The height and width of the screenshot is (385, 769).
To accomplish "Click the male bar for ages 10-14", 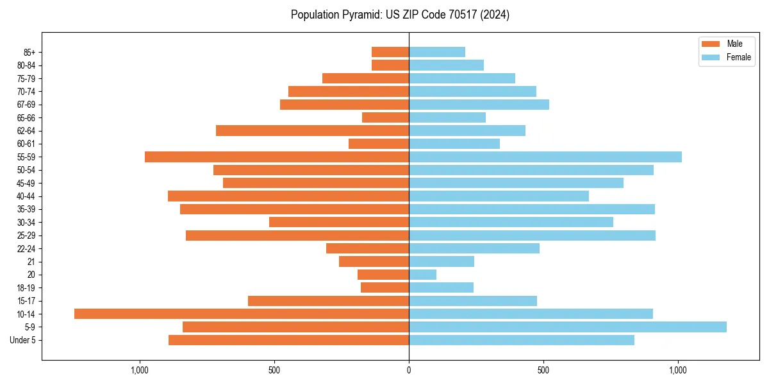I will tap(242, 314).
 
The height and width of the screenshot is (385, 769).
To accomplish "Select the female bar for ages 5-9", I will tap(568, 327).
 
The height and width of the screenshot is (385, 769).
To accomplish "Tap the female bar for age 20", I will tap(423, 275).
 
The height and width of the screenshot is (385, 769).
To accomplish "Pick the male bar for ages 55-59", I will tap(277, 157).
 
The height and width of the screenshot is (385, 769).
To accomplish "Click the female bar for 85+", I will tap(437, 52).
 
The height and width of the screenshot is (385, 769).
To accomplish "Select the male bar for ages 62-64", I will tap(312, 130).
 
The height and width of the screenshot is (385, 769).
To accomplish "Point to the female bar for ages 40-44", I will tap(499, 196).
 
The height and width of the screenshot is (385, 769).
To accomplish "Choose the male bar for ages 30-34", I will tap(339, 222).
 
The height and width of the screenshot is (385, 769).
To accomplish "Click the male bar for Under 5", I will tap(288, 340).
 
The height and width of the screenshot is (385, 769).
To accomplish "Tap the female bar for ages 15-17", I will tap(473, 301).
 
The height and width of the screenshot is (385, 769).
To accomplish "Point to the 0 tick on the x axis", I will tap(409, 370).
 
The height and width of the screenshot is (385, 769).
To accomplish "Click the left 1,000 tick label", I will tap(140, 370).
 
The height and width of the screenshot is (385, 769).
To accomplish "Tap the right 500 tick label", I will tap(543, 370).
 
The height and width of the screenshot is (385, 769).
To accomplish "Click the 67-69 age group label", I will tap(26, 105).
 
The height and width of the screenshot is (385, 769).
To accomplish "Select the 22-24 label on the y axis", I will tap(26, 248).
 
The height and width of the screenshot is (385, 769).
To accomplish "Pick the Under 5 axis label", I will tap(23, 340).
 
